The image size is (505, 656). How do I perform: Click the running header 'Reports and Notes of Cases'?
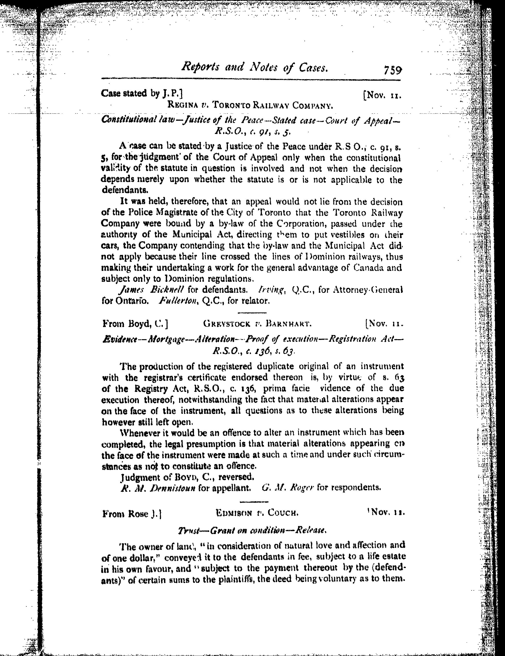tap(255, 68)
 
